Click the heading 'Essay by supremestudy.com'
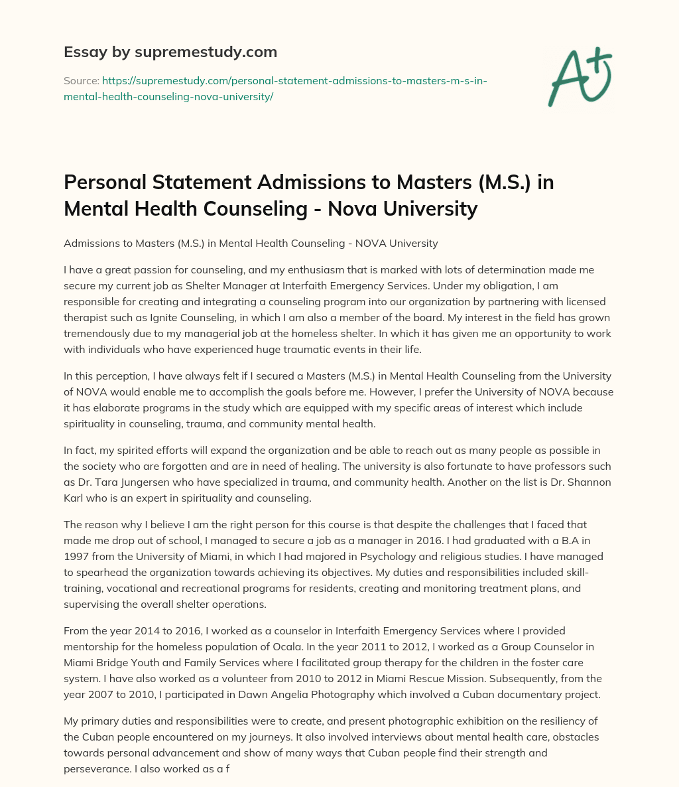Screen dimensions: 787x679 coord(170,51)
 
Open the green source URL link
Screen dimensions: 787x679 coord(275,88)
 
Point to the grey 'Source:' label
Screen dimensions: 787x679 coord(81,81)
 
